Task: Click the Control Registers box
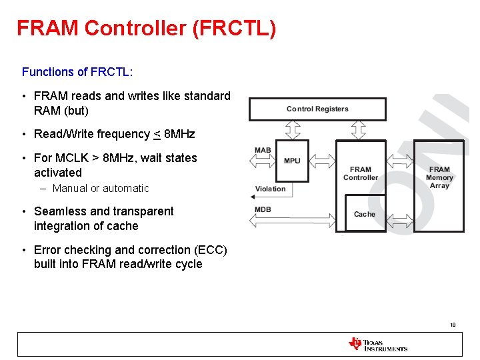pyautogui.click(x=317, y=109)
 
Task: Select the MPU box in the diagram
pyautogui.click(x=292, y=161)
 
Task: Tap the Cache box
pyautogui.click(x=365, y=213)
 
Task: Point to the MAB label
pyautogui.click(x=263, y=150)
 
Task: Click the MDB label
pyautogui.click(x=263, y=210)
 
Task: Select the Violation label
pyautogui.click(x=271, y=189)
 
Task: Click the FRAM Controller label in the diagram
pyautogui.click(x=361, y=173)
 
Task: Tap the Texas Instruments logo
pyautogui.click(x=377, y=344)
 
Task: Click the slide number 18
pyautogui.click(x=453, y=325)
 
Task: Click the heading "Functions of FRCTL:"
pyautogui.click(x=77, y=71)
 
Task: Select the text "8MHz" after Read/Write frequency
pyautogui.click(x=179, y=134)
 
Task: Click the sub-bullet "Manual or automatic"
pyautogui.click(x=101, y=189)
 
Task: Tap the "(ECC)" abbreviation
pyautogui.click(x=210, y=250)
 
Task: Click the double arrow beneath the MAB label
pyautogui.click(x=263, y=161)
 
